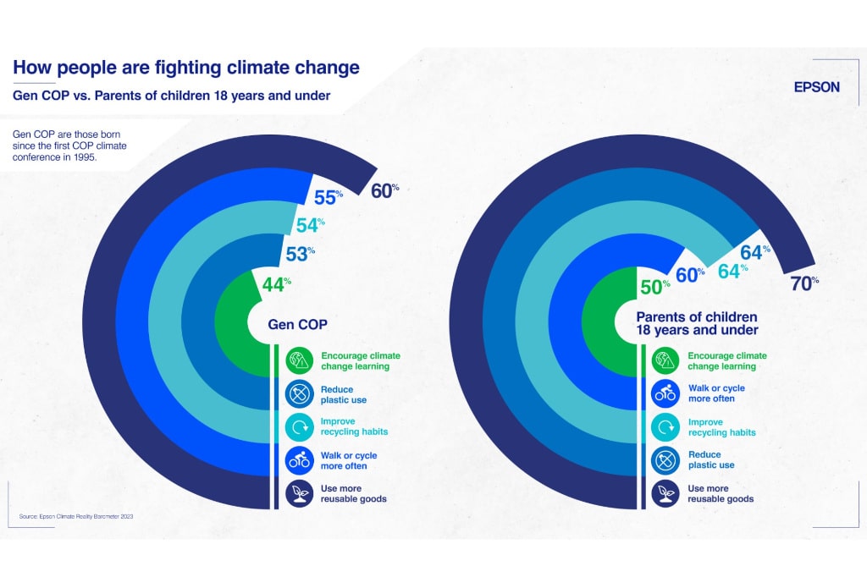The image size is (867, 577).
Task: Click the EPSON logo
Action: click(816, 87)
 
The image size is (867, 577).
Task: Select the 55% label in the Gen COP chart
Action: click(328, 198)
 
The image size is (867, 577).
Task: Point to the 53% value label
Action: click(301, 252)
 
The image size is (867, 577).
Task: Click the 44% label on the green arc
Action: click(276, 284)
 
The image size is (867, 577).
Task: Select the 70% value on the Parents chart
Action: click(803, 283)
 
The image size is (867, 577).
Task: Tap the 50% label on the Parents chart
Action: click(654, 287)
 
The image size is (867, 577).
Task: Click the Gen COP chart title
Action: click(297, 324)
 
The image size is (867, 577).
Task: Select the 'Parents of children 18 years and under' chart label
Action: click(697, 323)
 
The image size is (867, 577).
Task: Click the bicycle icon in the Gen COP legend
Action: click(299, 460)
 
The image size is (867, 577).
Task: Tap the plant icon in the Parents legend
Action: click(664, 493)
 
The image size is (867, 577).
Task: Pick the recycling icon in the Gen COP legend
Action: click(299, 426)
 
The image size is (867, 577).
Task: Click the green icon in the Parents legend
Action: click(664, 361)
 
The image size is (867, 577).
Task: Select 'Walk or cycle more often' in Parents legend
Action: click(715, 393)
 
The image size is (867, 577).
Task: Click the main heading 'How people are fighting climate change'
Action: click(185, 68)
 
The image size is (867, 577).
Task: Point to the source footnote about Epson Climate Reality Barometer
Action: click(76, 515)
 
